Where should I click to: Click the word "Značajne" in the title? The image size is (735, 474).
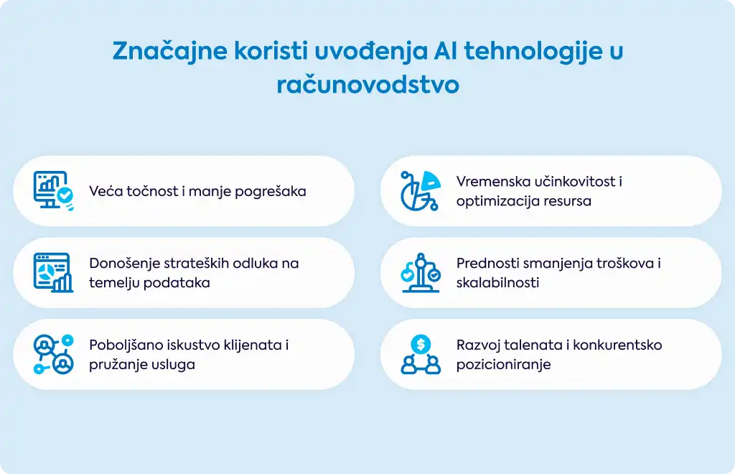pyautogui.click(x=169, y=51)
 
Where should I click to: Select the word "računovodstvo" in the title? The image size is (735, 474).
pyautogui.click(x=368, y=85)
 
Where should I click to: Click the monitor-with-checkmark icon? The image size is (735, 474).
pyautogui.click(x=53, y=190)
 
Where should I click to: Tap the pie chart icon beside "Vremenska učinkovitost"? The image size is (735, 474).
pyautogui.click(x=421, y=190)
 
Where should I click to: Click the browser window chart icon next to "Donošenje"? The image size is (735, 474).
pyautogui.click(x=53, y=272)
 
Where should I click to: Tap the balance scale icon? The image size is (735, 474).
pyautogui.click(x=421, y=272)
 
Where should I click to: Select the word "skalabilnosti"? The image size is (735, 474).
pyautogui.click(x=498, y=283)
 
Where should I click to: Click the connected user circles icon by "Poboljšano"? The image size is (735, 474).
pyautogui.click(x=53, y=354)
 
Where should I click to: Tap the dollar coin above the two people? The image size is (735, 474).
pyautogui.click(x=421, y=345)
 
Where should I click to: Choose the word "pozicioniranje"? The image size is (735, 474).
pyautogui.click(x=504, y=365)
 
